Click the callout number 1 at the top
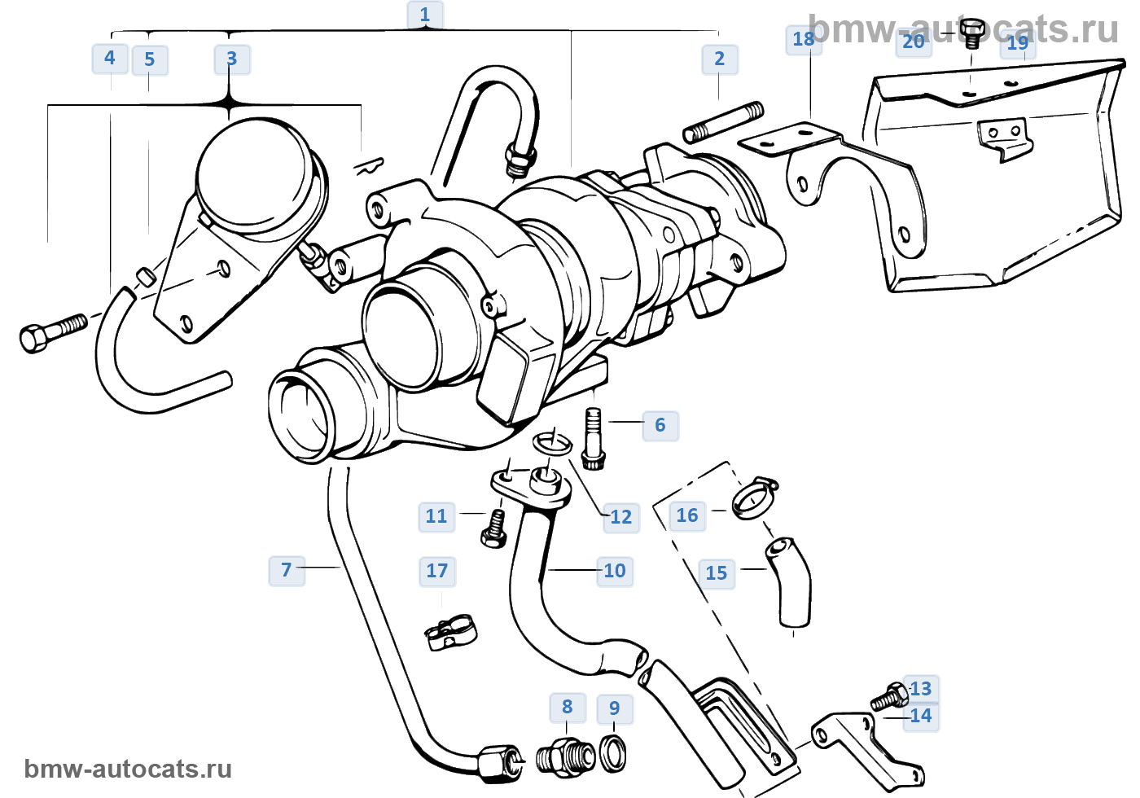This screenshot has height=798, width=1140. [424, 15]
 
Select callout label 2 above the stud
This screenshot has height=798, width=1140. [719, 59]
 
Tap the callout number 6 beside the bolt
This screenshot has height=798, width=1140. [660, 425]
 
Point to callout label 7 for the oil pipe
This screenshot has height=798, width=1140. [286, 570]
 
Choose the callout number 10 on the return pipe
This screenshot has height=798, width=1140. [615, 571]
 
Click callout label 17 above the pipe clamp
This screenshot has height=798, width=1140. [437, 571]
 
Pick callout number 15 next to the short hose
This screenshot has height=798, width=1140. [717, 573]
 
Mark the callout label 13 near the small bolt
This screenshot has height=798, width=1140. [921, 689]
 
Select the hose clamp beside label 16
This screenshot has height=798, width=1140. [754, 497]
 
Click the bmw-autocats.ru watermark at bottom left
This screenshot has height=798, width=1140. [128, 769]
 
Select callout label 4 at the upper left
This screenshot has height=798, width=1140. [110, 58]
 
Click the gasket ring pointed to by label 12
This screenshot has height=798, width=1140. [553, 444]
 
